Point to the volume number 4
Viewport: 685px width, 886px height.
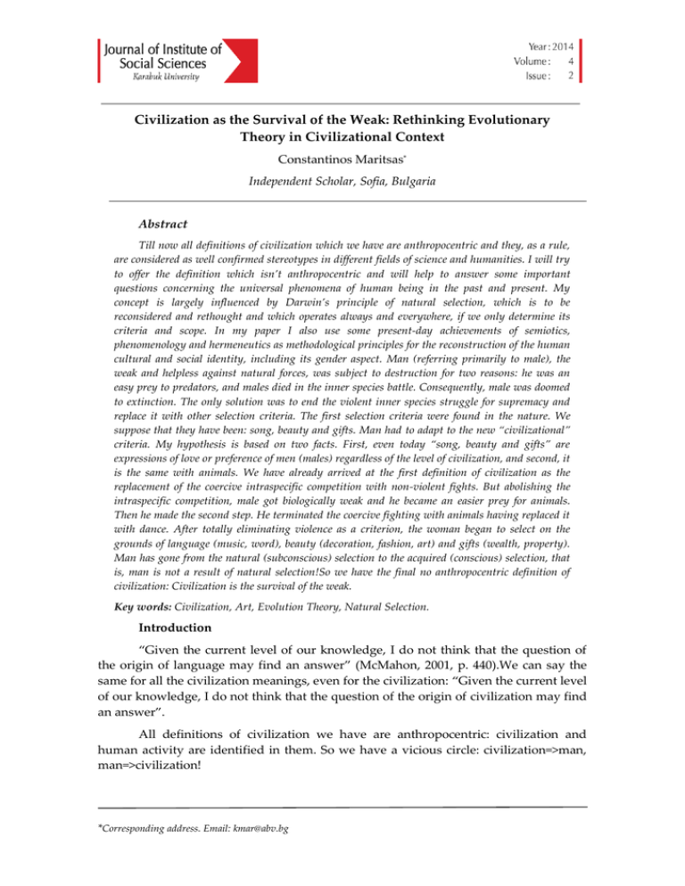pos(568,61)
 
